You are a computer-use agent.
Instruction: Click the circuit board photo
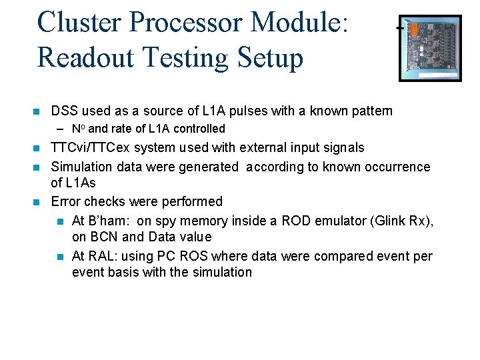[x=429, y=48]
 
